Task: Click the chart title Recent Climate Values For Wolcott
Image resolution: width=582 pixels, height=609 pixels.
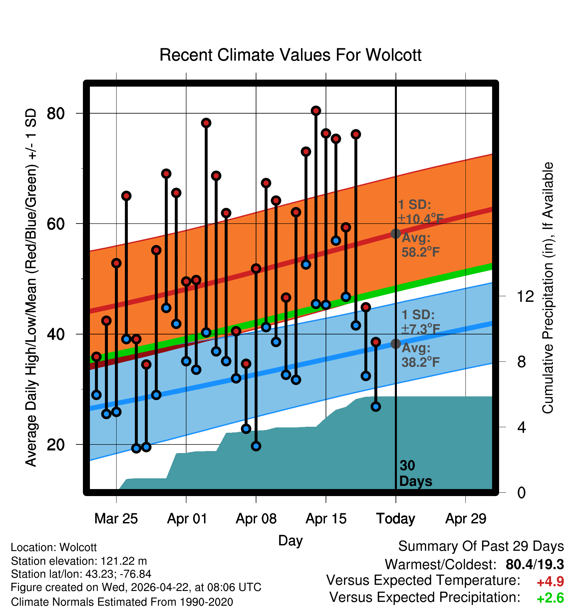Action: (290, 55)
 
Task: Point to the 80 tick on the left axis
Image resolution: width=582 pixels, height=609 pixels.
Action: (56, 114)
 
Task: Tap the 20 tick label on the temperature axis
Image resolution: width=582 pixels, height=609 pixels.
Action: (56, 444)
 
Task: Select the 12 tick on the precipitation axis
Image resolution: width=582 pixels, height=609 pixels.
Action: (525, 296)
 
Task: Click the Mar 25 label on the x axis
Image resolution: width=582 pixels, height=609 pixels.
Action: (116, 519)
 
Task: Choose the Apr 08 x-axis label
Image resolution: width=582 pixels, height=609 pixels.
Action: (256, 519)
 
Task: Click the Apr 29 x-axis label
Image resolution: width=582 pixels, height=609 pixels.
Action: (466, 519)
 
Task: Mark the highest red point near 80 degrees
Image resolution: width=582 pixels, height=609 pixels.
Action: (316, 111)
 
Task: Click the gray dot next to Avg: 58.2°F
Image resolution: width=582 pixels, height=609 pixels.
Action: (396, 234)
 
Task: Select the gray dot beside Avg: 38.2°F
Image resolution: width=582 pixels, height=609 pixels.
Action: (396, 344)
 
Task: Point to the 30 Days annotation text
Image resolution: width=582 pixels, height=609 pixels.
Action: (416, 473)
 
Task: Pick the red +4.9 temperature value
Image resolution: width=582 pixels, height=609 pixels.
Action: (550, 582)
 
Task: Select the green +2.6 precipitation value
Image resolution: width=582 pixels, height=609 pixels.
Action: (550, 598)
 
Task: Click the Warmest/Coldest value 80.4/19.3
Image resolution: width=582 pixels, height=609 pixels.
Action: (535, 564)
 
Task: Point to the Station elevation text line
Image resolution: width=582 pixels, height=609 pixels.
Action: (79, 561)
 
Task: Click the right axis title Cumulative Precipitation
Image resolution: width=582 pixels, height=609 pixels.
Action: (548, 288)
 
